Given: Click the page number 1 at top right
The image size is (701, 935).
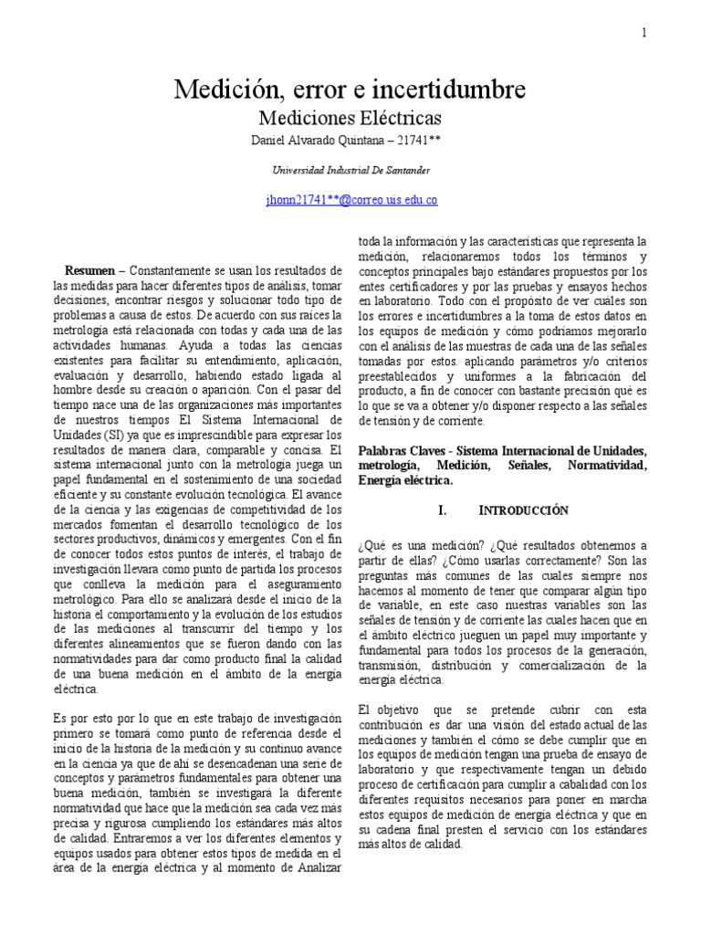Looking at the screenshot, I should pos(644,33).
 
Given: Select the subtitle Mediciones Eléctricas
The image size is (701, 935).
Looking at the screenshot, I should pos(350,119).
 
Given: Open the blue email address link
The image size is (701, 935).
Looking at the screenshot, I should pos(350,200).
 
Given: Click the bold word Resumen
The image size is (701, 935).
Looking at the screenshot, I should pos(89,271).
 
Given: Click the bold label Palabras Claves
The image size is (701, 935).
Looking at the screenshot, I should pos(400,452).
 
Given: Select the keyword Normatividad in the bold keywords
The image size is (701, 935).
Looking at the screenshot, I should pos(608,466).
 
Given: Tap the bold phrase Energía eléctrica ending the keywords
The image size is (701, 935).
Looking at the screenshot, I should pos(405,479).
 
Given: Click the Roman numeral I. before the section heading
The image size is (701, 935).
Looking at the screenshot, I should pos(444,510).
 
